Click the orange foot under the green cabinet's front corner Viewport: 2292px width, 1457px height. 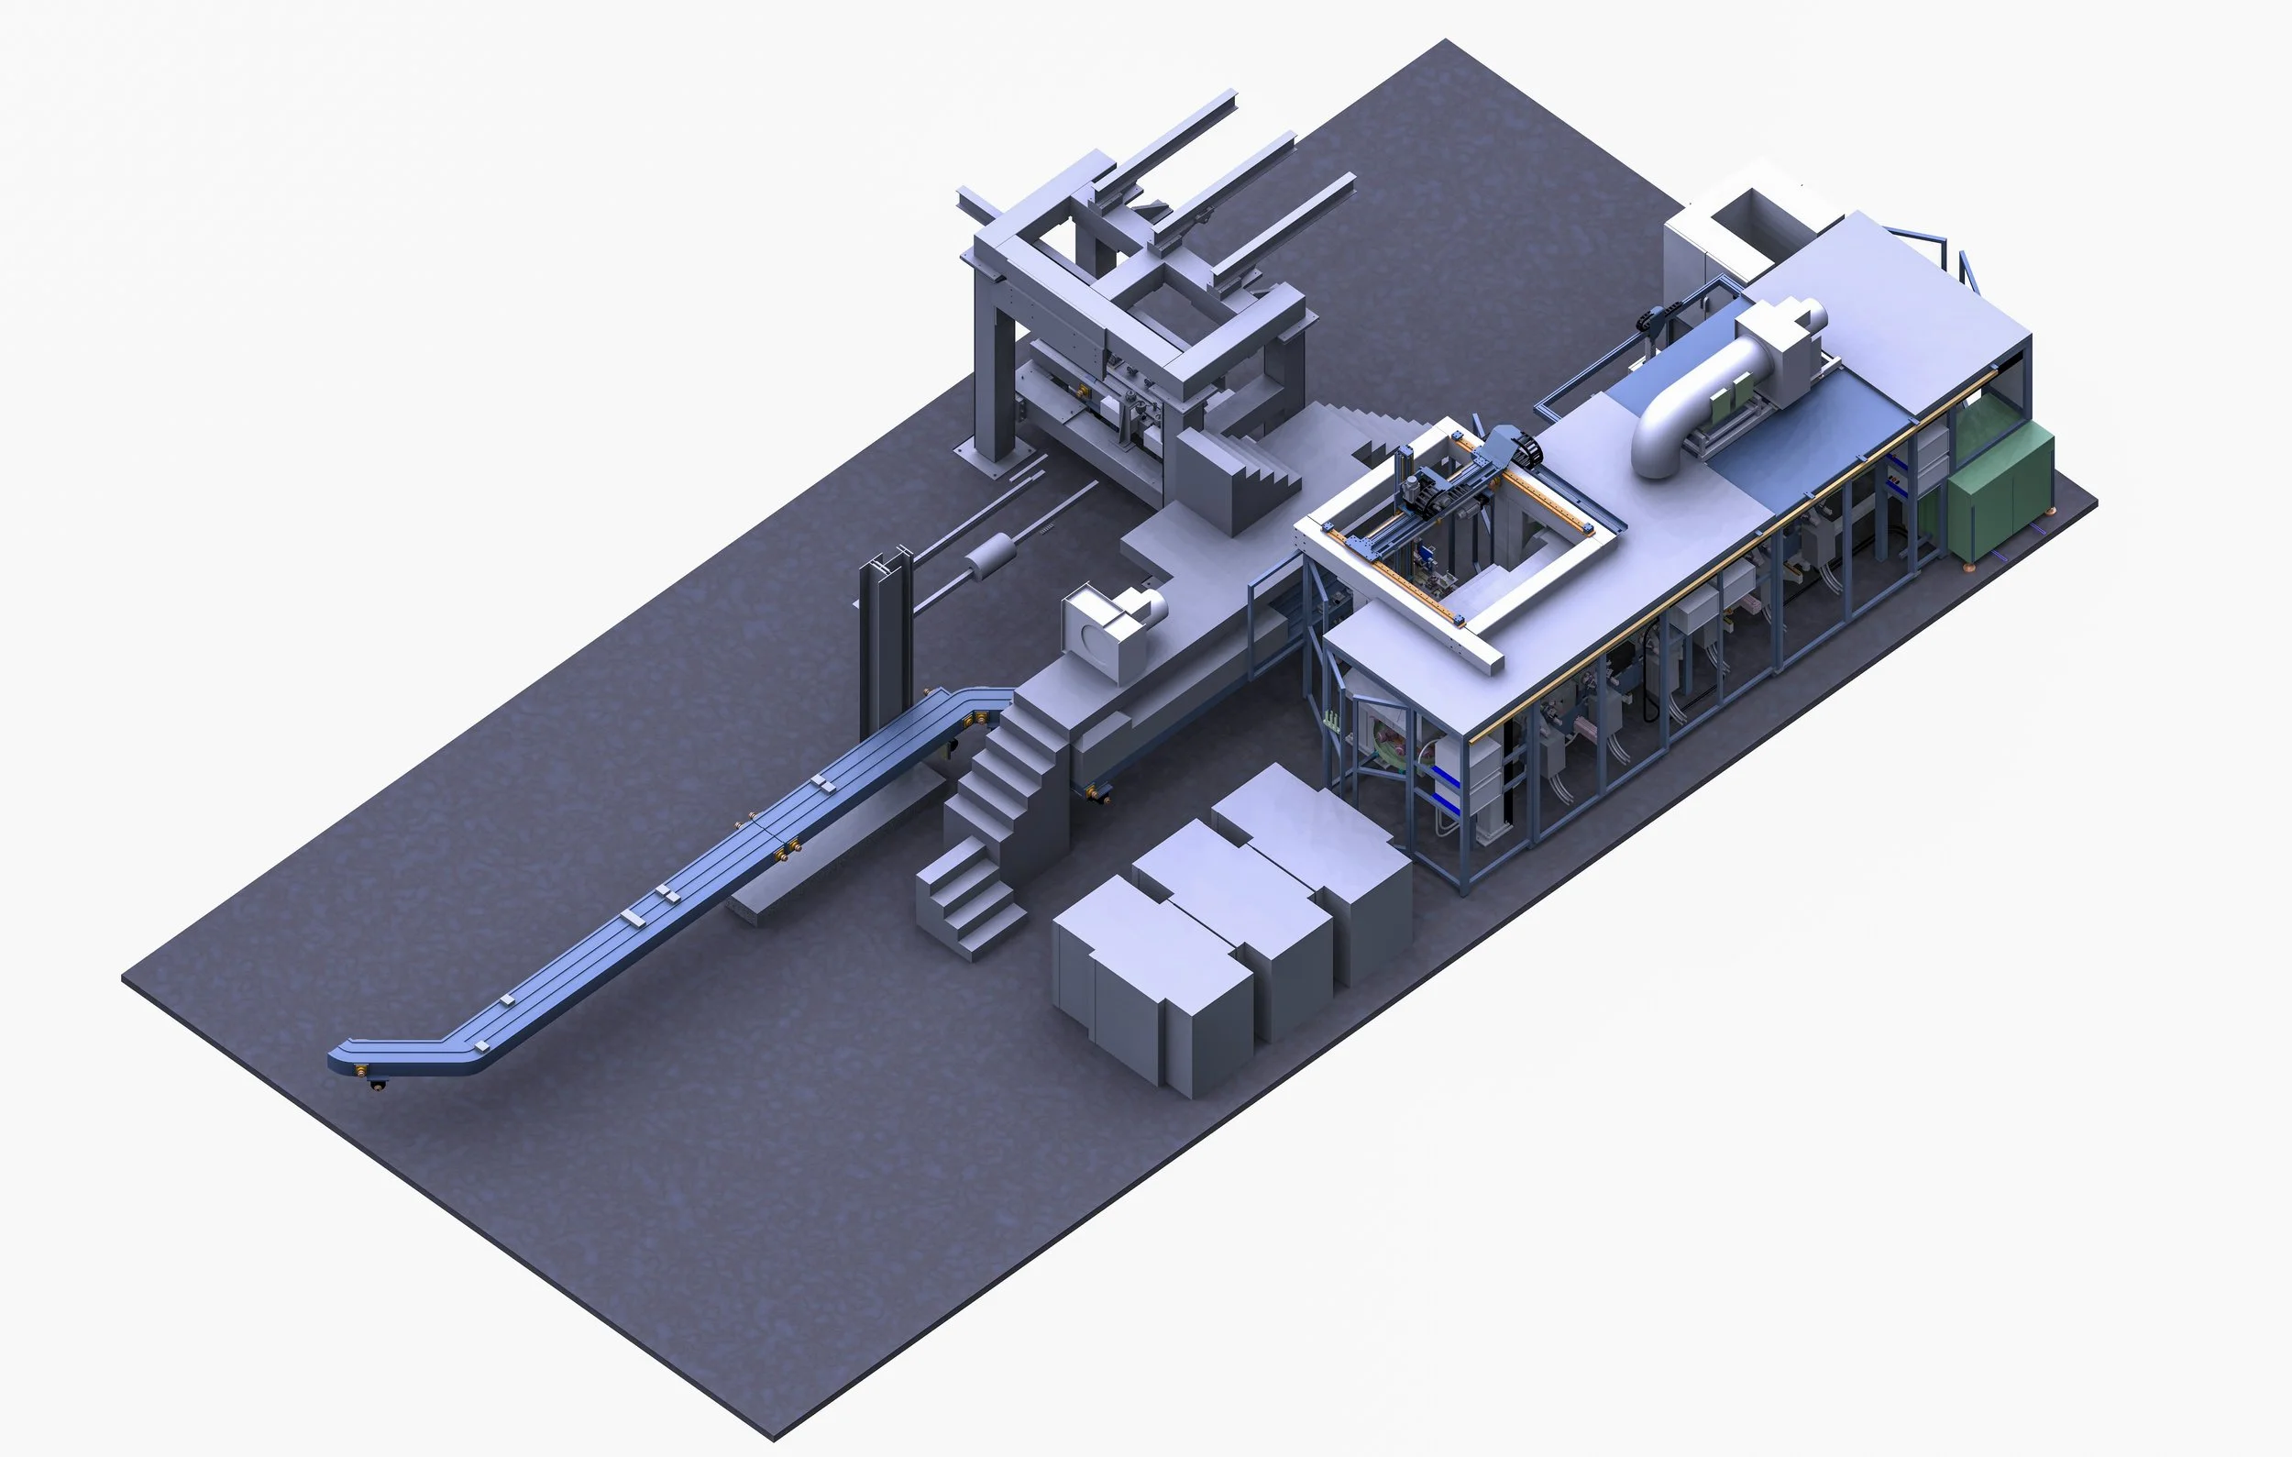pos(1967,568)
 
